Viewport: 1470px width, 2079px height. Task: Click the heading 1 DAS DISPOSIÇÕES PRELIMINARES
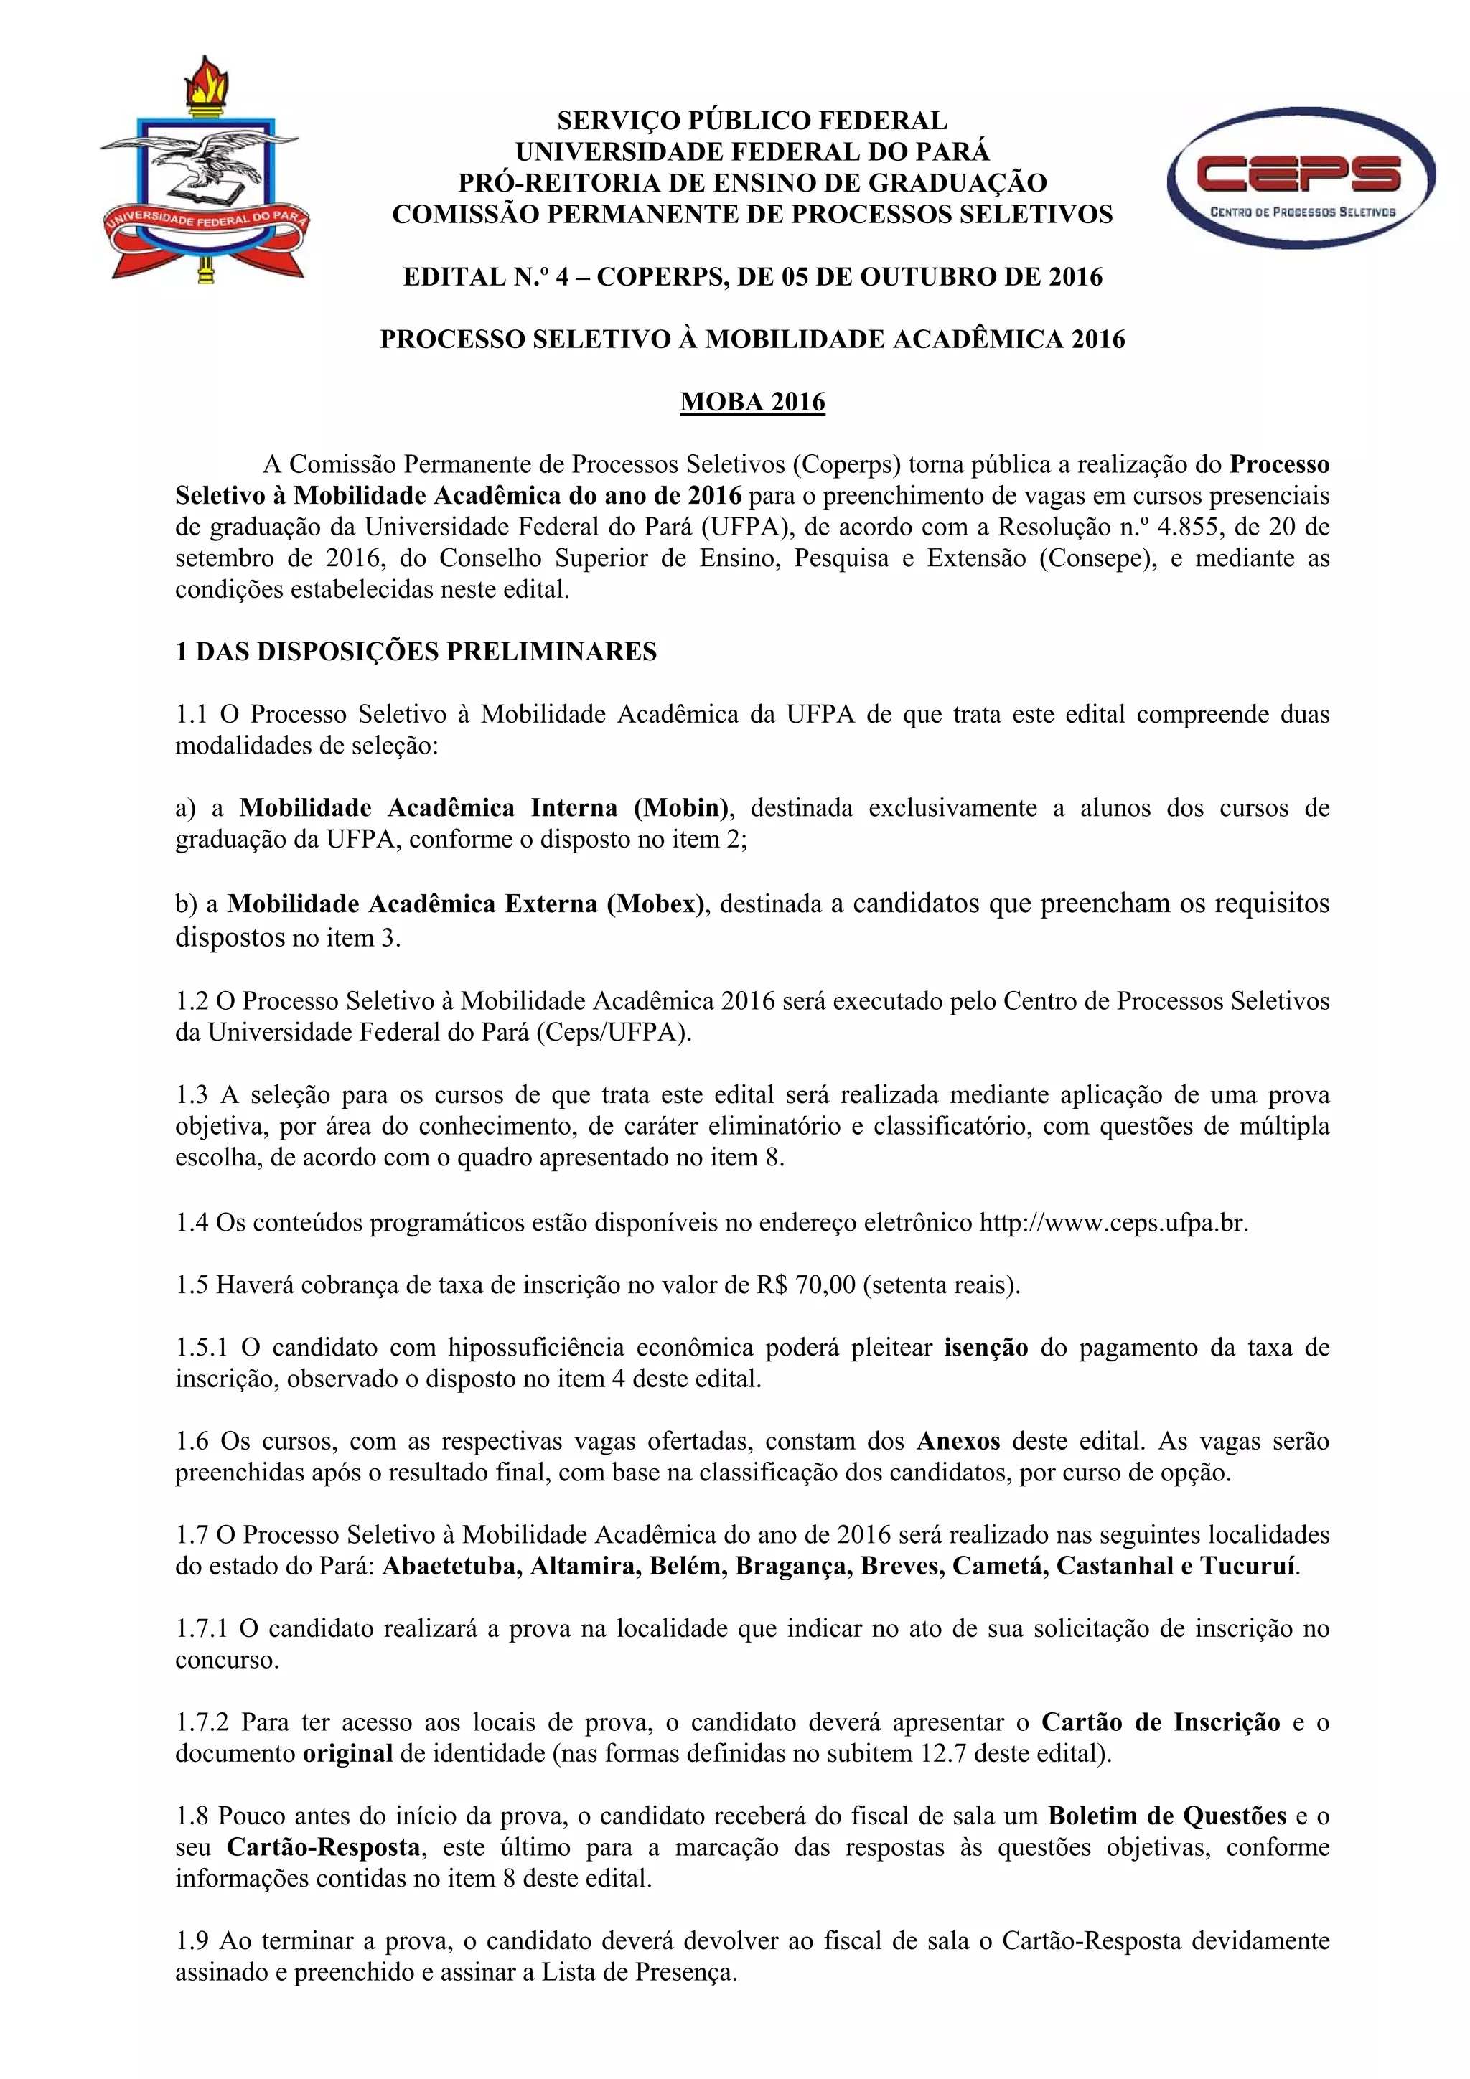click(416, 652)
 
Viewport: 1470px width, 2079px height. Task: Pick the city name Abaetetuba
click(451, 1566)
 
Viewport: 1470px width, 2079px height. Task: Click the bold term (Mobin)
click(681, 807)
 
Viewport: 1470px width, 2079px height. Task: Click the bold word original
click(347, 1753)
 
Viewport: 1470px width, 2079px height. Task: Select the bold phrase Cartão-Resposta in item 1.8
click(322, 1847)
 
